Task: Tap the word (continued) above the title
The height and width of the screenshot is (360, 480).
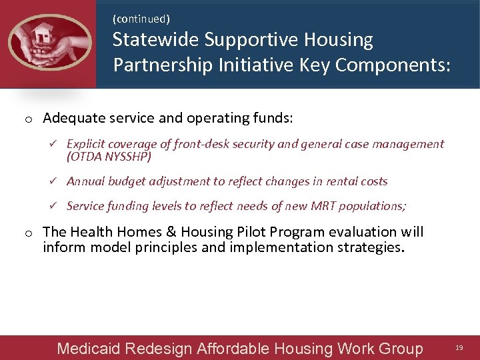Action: coord(141,19)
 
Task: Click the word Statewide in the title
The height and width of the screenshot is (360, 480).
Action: coord(155,40)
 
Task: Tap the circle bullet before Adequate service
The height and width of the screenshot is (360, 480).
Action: coord(29,119)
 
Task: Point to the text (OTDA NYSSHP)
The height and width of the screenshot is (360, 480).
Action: coord(109,157)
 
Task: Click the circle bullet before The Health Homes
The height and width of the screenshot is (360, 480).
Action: coord(29,233)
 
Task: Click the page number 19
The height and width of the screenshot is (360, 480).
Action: coord(459,348)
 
